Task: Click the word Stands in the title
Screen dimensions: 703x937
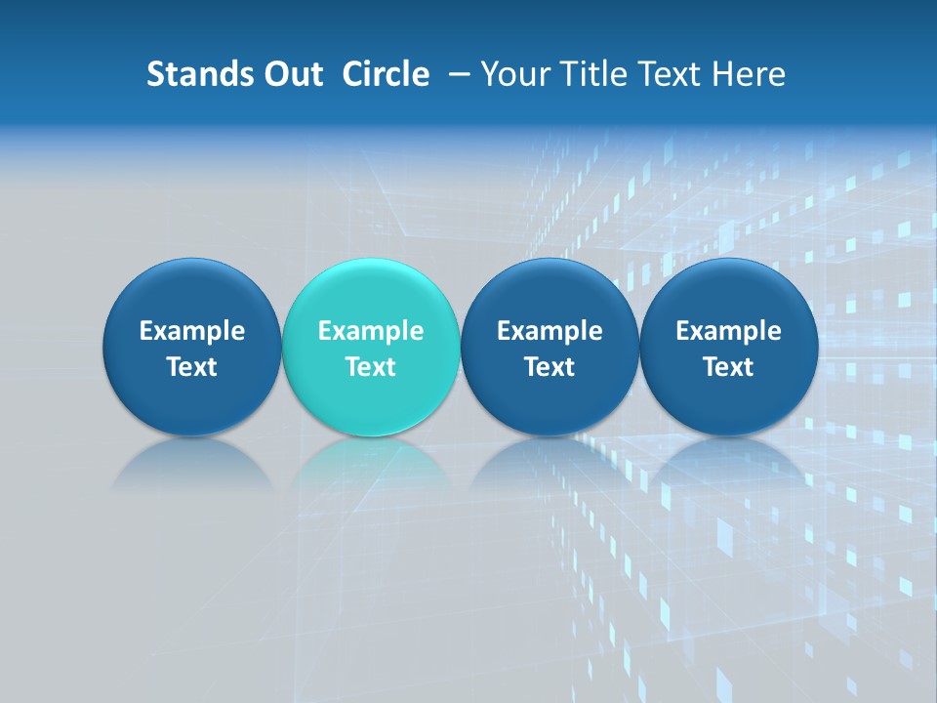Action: [x=192, y=74]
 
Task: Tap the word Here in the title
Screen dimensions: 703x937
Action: [x=751, y=74]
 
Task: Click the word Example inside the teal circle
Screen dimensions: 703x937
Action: [x=371, y=331]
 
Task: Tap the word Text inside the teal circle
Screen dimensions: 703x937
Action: [x=371, y=367]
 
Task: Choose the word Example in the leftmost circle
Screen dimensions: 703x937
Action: [x=191, y=331]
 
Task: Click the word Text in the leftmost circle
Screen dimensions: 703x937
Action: [x=191, y=367]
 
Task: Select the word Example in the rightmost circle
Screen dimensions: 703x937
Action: [x=728, y=331]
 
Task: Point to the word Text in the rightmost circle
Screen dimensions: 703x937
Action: [x=728, y=367]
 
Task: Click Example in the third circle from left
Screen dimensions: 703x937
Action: [x=550, y=331]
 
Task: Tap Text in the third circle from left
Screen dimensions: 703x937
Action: [x=550, y=367]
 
